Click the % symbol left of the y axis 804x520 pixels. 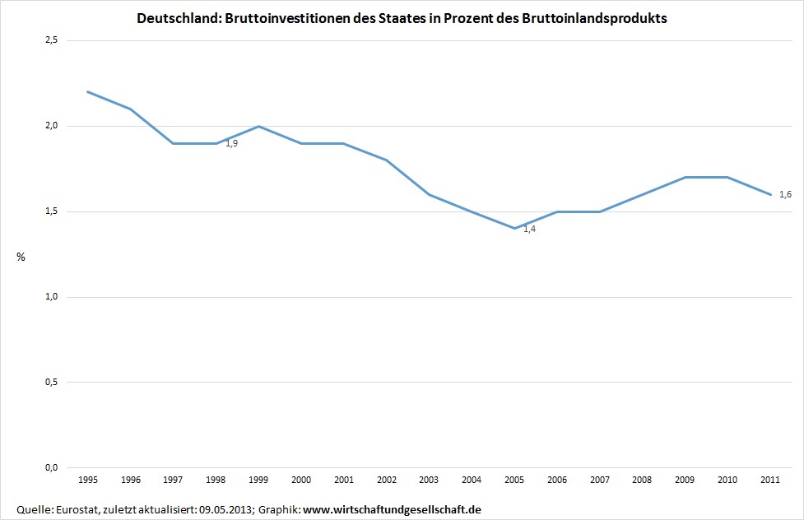coord(21,258)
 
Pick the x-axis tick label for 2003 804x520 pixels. coord(429,479)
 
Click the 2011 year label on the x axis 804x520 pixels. coord(771,479)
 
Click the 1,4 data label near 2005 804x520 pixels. coord(529,229)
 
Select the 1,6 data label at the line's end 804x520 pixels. coord(785,194)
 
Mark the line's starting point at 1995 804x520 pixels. coord(87,91)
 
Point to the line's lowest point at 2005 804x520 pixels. coord(514,228)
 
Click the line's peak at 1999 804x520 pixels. coord(258,126)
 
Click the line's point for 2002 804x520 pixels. coord(386,160)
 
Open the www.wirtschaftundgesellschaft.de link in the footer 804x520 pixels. coord(392,510)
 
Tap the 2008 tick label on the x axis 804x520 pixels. coord(643,479)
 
